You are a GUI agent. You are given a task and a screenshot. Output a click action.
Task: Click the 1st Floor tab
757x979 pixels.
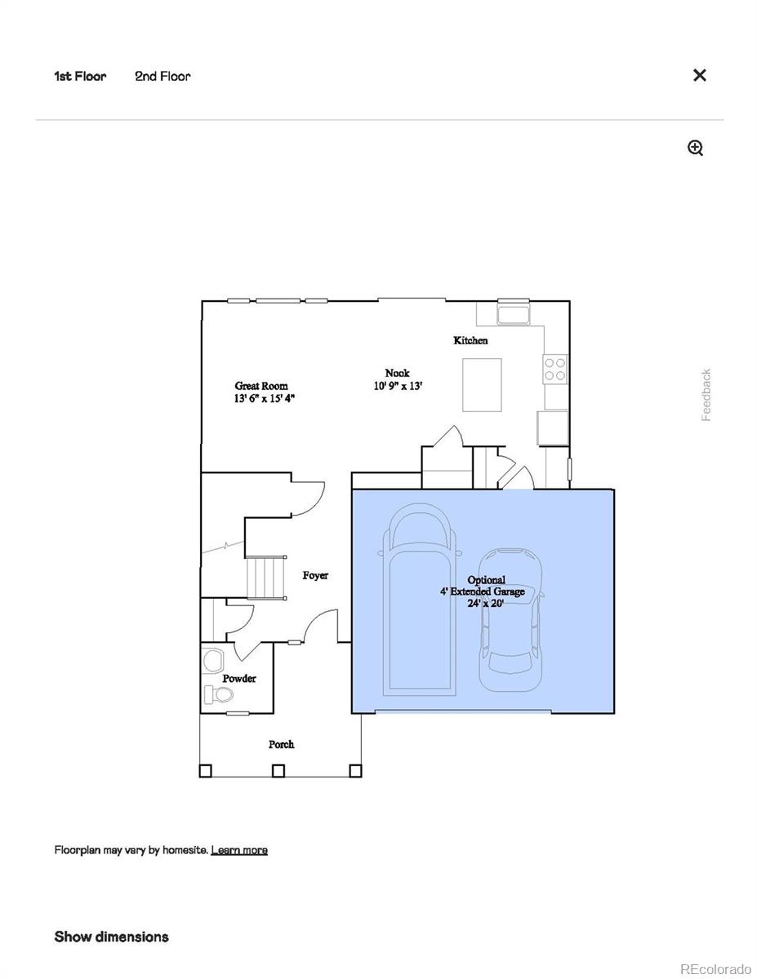[80, 76]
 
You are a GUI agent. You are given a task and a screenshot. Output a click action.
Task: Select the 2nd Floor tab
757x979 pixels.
[163, 76]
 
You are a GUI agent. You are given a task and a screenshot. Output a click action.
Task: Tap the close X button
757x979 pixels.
[699, 75]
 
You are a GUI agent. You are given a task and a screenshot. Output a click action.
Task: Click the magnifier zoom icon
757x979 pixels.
[695, 148]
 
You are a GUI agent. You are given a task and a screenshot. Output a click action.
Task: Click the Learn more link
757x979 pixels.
[239, 850]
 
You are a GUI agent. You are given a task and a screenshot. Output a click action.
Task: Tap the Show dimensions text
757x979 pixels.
[112, 937]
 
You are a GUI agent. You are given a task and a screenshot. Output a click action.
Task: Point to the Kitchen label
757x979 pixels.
[470, 340]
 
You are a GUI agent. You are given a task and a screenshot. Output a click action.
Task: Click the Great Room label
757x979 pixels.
[261, 386]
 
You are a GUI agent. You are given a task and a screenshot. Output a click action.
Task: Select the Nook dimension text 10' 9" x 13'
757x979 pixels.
[398, 387]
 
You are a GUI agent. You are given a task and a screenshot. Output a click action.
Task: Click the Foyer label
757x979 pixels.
[315, 575]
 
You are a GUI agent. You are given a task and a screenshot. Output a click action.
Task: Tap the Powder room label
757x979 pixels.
[239, 678]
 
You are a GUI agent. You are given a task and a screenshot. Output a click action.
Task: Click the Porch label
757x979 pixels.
[281, 744]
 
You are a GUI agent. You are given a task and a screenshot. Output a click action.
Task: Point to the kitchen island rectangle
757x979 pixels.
[482, 384]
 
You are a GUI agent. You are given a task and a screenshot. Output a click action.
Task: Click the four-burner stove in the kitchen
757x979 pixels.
[555, 370]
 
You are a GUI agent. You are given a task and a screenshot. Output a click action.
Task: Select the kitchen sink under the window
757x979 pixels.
[514, 314]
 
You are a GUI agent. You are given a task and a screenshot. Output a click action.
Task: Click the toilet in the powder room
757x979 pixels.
[218, 695]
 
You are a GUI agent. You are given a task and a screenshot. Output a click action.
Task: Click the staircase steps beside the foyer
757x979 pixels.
[266, 577]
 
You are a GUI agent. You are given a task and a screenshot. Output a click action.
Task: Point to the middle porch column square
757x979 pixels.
[278, 769]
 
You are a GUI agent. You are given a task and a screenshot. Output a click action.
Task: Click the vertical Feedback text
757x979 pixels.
[706, 395]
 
